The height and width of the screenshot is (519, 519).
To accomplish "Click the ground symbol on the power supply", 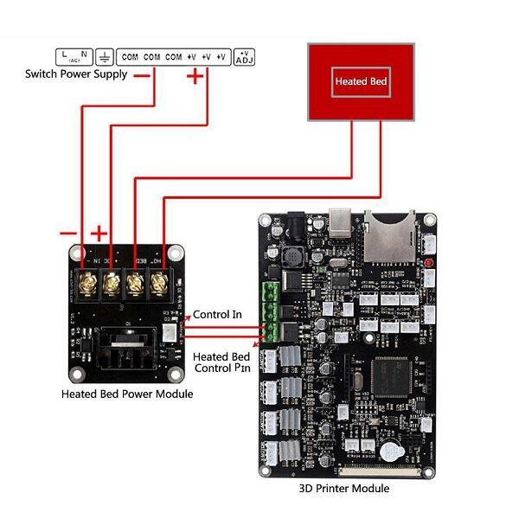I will tap(105, 57).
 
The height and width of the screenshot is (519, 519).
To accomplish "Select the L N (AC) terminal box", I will tap(74, 57).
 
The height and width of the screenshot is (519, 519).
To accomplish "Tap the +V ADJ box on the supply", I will tap(244, 57).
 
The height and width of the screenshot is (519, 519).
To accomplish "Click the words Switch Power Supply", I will tap(76, 74).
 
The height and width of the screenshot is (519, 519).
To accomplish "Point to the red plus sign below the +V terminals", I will tap(195, 77).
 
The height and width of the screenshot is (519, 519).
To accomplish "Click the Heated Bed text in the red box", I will tap(362, 82).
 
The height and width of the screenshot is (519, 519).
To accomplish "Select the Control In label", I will tap(217, 314).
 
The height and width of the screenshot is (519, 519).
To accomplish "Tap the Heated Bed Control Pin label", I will tap(221, 362).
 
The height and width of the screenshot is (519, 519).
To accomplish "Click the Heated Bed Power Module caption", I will tap(127, 394).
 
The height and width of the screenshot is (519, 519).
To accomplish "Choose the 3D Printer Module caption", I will tap(344, 489).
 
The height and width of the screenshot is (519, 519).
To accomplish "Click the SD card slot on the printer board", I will tap(386, 234).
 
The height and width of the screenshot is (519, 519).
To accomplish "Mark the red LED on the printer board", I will tap(428, 262).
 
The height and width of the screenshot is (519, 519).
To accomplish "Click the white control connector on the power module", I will tap(170, 330).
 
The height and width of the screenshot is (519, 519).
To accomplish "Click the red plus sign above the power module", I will tap(99, 233).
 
